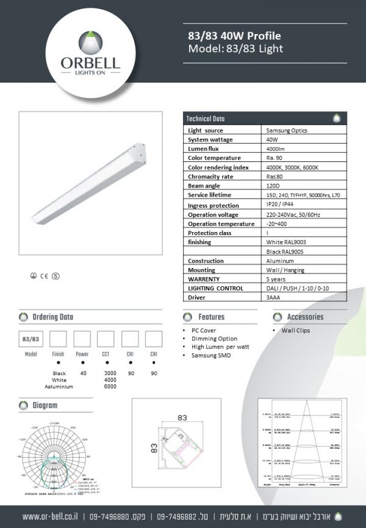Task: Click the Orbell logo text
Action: coord(90,62)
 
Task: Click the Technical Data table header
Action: coord(206,119)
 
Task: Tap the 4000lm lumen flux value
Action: coord(275,149)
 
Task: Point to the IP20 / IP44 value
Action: coord(279,205)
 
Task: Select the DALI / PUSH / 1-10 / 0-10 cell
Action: coord(298,288)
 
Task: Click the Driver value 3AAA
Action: coord(273,297)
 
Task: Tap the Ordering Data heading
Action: coord(53,317)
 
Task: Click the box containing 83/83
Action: coord(31,339)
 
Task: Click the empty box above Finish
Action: coord(58,339)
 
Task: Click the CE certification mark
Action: coord(45,275)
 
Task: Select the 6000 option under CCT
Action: coord(110,386)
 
